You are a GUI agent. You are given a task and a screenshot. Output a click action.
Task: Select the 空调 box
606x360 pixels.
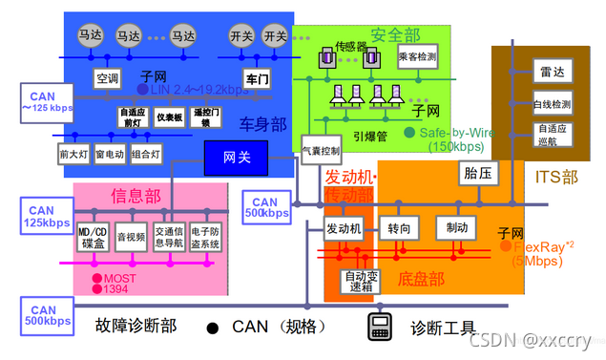pyautogui.click(x=107, y=77)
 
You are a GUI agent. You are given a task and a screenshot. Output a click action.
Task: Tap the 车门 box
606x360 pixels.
pyautogui.click(x=257, y=78)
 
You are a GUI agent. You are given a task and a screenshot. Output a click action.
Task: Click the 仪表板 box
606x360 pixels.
pyautogui.click(x=170, y=116)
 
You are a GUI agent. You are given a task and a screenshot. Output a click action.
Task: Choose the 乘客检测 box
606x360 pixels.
pyautogui.click(x=416, y=57)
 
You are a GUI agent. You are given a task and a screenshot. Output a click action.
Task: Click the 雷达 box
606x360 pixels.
pyautogui.click(x=551, y=73)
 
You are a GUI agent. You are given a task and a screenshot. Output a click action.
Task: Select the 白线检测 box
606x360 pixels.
pyautogui.click(x=551, y=103)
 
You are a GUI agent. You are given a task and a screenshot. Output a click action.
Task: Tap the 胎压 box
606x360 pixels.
pyautogui.click(x=477, y=174)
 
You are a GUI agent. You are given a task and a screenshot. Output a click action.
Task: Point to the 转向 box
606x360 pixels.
pyautogui.click(x=399, y=229)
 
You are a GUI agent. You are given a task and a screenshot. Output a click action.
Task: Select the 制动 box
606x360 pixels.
pyautogui.click(x=456, y=229)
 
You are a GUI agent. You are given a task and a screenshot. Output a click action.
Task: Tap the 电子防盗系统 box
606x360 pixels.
pyautogui.click(x=205, y=237)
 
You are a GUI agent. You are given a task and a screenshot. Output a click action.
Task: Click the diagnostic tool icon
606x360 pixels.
pyautogui.click(x=381, y=327)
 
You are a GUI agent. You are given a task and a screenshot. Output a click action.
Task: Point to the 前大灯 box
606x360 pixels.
pyautogui.click(x=73, y=153)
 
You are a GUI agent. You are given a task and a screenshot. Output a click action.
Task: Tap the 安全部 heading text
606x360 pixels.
pyautogui.click(x=396, y=35)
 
